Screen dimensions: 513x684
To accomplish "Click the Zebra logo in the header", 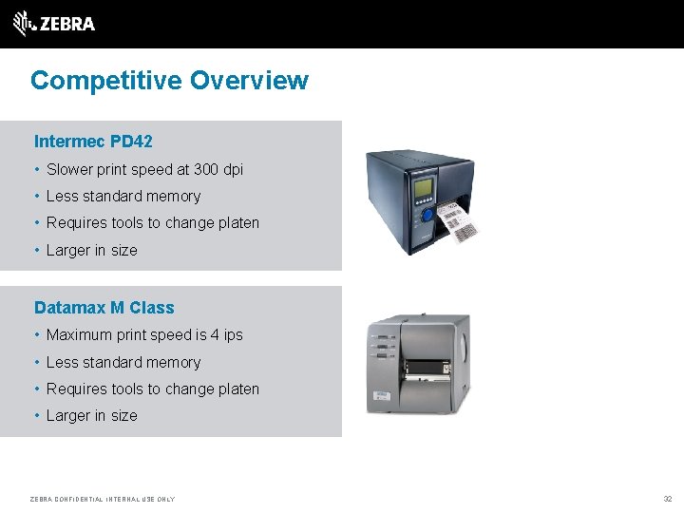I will (x=54, y=23).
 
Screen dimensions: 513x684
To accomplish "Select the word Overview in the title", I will (x=249, y=80).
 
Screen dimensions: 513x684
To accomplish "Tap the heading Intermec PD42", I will (x=93, y=142).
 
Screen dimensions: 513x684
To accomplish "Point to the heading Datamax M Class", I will (x=104, y=308).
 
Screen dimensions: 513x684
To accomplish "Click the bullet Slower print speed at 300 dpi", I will (x=144, y=170).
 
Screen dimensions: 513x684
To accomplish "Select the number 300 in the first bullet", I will (x=206, y=170).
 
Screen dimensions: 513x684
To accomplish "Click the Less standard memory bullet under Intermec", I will (x=123, y=197).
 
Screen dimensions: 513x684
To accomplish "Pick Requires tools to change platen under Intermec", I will (x=152, y=223).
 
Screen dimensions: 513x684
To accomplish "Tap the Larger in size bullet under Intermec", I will (x=91, y=251).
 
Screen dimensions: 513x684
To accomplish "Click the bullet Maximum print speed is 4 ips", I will (x=144, y=335).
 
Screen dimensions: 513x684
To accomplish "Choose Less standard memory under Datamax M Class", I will (x=123, y=363).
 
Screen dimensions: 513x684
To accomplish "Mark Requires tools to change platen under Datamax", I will (x=152, y=389).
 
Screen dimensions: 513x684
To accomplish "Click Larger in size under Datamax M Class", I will (x=91, y=416).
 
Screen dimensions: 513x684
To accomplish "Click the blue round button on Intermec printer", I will (x=427, y=216).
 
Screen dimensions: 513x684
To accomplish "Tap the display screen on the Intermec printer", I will (x=423, y=187).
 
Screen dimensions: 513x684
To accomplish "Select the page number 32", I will (x=667, y=499).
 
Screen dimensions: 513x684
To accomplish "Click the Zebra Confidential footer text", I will (x=103, y=499).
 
